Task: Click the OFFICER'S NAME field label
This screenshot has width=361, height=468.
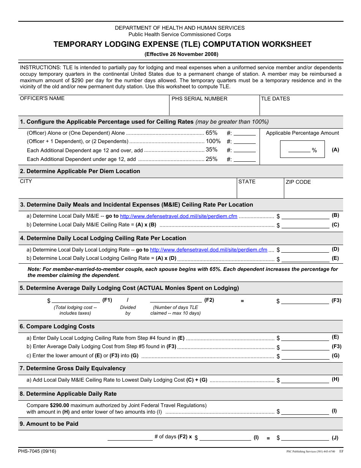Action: (42, 99)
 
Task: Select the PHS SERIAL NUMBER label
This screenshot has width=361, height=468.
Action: (199, 99)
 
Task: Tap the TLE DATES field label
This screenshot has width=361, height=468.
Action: (275, 99)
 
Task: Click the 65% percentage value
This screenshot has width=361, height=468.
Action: (212, 133)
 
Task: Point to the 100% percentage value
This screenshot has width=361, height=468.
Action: (213, 142)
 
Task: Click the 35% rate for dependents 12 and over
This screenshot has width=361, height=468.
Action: (212, 150)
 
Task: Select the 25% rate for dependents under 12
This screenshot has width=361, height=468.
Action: (212, 159)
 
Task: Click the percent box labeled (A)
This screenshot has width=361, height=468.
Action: (302, 149)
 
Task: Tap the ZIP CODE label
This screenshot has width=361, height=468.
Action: (298, 182)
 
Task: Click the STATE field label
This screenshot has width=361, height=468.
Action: (247, 182)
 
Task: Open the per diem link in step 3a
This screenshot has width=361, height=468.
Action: (179, 216)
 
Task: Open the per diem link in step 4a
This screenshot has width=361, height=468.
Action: (209, 250)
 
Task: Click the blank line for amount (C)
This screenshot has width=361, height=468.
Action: (305, 225)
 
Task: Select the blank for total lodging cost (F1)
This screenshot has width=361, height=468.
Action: (76, 301)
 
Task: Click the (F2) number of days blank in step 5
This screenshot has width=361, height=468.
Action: (176, 301)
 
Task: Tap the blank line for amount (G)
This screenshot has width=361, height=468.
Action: (305, 356)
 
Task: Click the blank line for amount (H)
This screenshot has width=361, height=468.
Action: (305, 380)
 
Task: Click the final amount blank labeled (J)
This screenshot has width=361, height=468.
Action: (305, 438)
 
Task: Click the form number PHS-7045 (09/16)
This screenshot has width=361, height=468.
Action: (37, 452)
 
